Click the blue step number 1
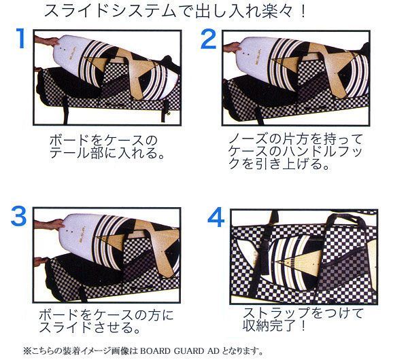click(20, 38)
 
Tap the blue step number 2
click(209, 39)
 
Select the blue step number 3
click(19, 216)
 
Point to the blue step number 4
click(216, 217)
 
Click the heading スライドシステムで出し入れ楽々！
click(175, 11)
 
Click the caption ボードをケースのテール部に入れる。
click(107, 147)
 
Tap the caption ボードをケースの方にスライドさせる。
click(106, 321)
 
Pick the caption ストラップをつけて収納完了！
click(303, 319)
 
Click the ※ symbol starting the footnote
click(27, 351)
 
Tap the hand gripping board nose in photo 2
click(233, 48)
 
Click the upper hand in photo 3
click(50, 224)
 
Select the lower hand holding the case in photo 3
click(41, 262)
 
